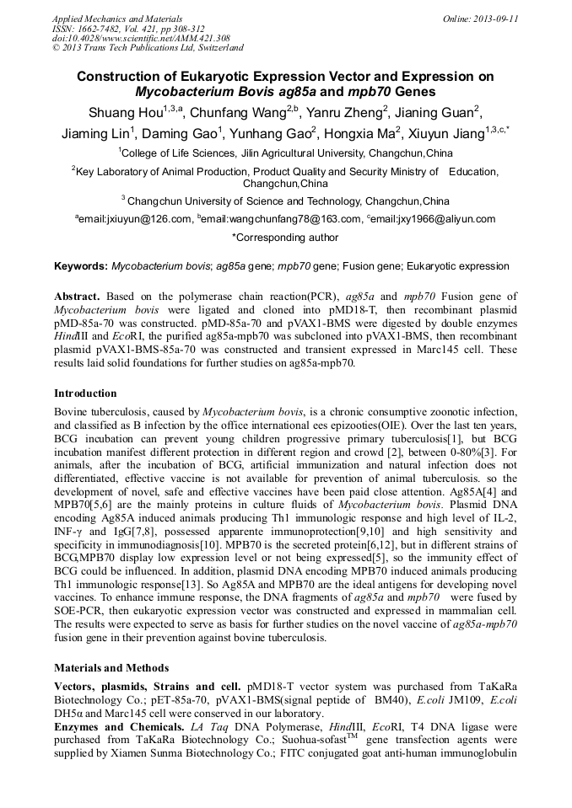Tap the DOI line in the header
click(141, 39)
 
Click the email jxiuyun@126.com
click(138, 219)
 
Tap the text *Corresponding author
click(285, 238)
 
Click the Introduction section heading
click(85, 393)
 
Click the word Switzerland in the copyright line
click(216, 49)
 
